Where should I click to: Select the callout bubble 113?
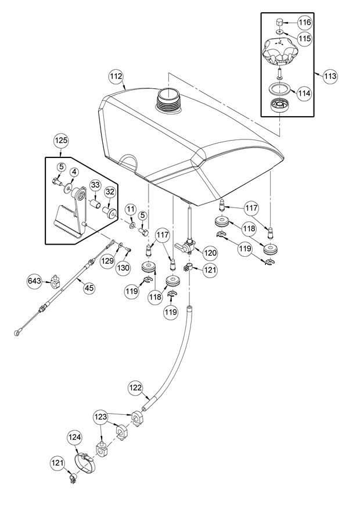pyautogui.click(x=330, y=76)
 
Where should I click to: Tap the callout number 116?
pyautogui.click(x=305, y=22)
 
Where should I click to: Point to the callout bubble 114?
pyautogui.click(x=305, y=92)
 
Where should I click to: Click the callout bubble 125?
pyautogui.click(x=62, y=140)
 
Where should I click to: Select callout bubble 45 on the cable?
pyautogui.click(x=88, y=287)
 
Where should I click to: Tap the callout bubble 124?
pyautogui.click(x=75, y=437)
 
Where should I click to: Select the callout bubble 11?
pyautogui.click(x=131, y=209)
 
